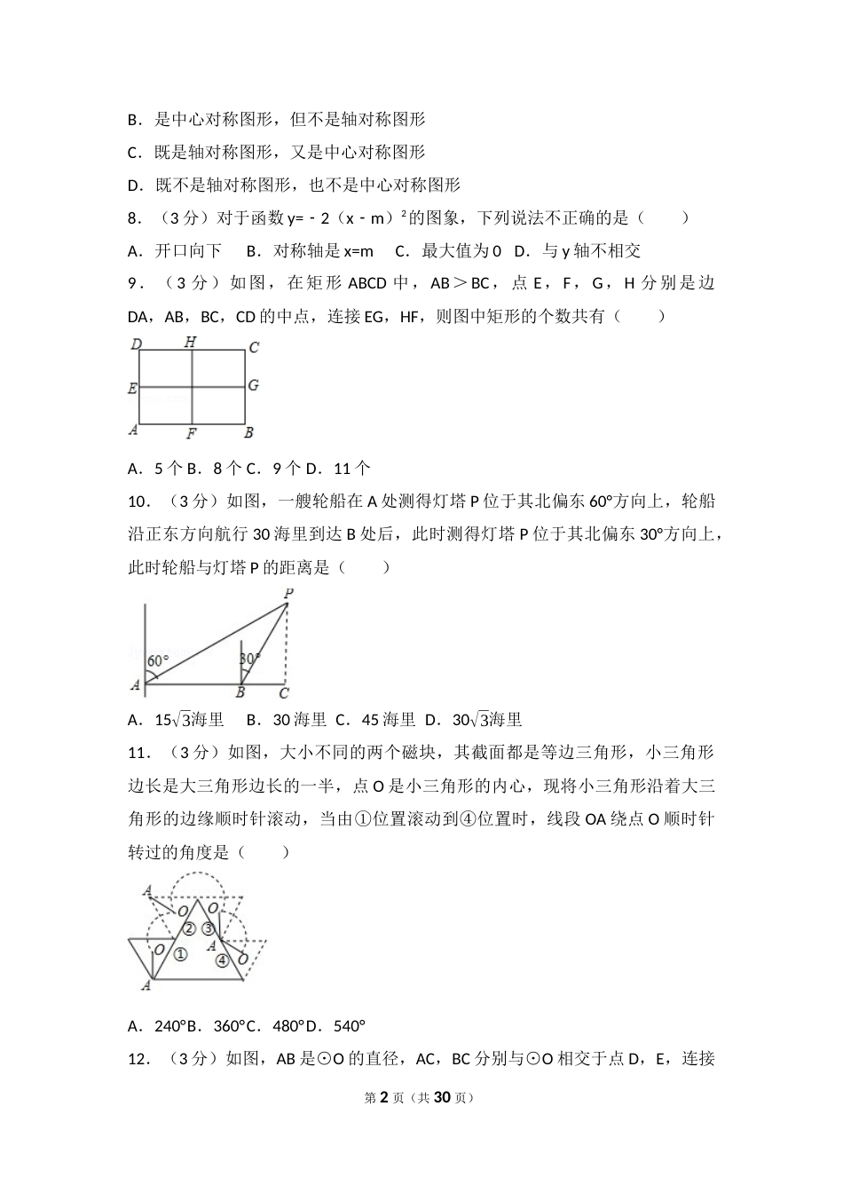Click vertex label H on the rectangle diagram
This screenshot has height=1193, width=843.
(190, 342)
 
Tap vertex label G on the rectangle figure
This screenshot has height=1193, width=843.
(253, 385)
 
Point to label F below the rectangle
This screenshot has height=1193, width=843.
(191, 434)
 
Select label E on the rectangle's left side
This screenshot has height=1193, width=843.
(132, 388)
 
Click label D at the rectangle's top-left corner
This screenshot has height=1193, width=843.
(137, 344)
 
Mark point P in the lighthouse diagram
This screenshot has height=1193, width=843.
(288, 593)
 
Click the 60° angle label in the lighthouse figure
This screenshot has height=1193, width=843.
(157, 660)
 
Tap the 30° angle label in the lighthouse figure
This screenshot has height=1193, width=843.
(250, 659)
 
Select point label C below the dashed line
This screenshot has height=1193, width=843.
(284, 693)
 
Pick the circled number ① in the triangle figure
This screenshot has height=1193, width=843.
(180, 954)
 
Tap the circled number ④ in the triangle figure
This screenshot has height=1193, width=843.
(222, 960)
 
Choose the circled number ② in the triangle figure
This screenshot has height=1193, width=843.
(189, 929)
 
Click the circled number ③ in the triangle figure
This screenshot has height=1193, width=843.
(209, 928)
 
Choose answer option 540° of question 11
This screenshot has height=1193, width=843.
(349, 1026)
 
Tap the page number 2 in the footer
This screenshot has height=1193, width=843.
(384, 1097)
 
